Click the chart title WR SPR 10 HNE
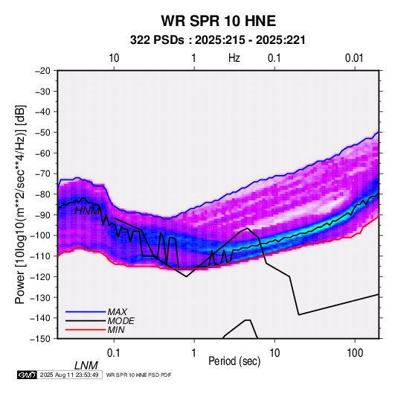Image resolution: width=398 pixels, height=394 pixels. point(218,21)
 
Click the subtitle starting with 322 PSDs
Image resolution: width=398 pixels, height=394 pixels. point(218,40)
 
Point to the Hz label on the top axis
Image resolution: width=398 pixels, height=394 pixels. point(234,58)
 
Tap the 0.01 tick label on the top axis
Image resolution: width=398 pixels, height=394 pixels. point(354,58)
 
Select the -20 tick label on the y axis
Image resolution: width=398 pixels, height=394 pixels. point(42,71)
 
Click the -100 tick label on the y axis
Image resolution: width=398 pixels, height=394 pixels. point(40,235)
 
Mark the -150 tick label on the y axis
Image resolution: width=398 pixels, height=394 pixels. point(40,339)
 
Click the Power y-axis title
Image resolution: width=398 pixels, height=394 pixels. point(20,204)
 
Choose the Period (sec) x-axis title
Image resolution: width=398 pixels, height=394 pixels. point(234,361)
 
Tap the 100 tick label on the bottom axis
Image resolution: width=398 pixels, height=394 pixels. point(355,353)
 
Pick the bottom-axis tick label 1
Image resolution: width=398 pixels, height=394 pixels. point(194,353)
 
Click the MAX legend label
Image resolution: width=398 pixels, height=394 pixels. point(117,311)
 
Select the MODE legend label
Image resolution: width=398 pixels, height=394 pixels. point(121,321)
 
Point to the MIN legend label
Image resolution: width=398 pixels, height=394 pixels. point(116,330)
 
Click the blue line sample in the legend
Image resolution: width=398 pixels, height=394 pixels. point(86,312)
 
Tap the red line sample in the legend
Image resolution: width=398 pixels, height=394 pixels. point(86,330)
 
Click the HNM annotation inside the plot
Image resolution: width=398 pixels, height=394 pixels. point(87,211)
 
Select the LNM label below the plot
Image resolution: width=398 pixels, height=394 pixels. point(86,366)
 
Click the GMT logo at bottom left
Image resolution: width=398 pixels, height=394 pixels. point(28,375)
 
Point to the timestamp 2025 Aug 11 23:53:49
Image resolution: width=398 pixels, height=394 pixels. point(69,375)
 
